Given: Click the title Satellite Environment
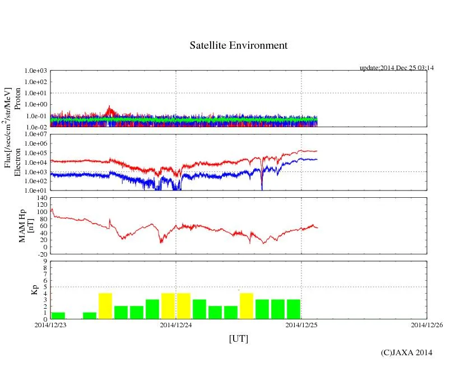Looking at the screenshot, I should (x=238, y=45).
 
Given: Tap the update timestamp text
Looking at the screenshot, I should (x=397, y=68).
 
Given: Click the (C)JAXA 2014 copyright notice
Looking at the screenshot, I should (x=406, y=352).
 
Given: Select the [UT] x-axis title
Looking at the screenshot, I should (x=238, y=338).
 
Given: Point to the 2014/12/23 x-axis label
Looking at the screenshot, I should (x=50, y=324).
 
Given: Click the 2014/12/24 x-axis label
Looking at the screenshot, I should (x=176, y=324).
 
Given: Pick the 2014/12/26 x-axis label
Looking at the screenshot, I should (x=427, y=324).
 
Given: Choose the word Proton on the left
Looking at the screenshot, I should (x=17, y=101).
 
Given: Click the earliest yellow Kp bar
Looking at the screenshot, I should (x=105, y=306).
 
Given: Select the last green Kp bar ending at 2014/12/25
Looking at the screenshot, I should (x=294, y=309).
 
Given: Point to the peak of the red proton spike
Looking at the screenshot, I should (x=110, y=106).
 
